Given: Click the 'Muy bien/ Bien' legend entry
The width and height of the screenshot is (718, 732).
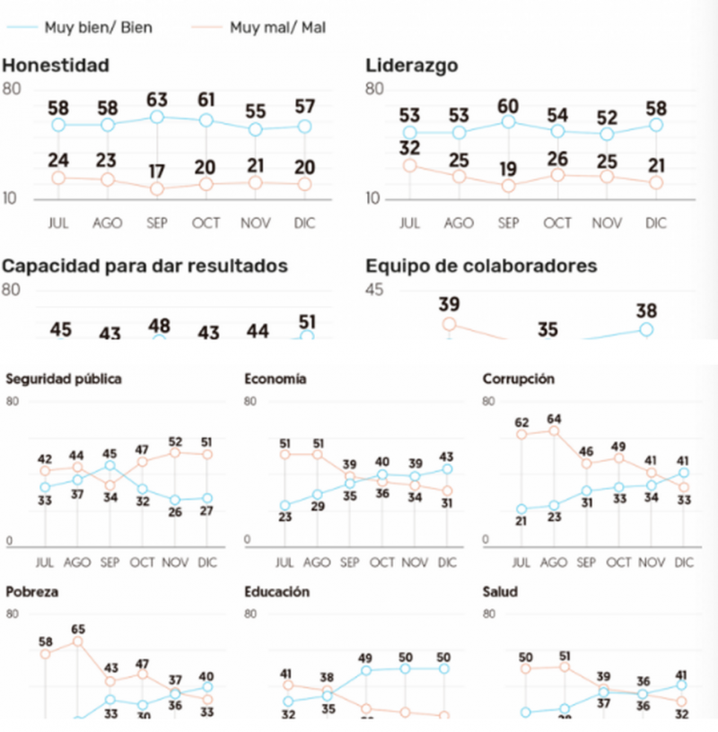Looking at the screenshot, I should pos(99,27).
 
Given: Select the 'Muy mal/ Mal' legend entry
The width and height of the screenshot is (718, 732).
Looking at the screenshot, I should pos(276,27).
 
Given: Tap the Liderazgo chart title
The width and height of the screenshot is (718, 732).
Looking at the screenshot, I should pos(412,65).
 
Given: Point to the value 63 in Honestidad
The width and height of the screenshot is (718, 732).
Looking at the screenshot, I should pos(158,96).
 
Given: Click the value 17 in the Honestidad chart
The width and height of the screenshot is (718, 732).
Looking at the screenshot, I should pos(158,170).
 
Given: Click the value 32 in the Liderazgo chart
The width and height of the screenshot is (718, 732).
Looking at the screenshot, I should pos(409,146).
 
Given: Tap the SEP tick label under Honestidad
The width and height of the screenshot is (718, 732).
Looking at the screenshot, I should pos(158,223).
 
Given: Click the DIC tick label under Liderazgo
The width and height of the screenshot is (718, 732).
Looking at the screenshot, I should pos(656,223).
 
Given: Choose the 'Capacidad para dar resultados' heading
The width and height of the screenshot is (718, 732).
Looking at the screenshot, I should pos(144,266).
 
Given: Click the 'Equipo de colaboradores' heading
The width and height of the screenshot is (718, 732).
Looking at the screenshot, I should pos(482,266).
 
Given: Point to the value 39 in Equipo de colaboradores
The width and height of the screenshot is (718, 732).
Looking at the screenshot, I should pos(450,304).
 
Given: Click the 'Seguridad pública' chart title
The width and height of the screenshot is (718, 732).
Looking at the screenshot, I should pos(64,379).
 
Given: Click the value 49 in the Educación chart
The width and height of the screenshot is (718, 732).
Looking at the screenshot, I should pos(365,657).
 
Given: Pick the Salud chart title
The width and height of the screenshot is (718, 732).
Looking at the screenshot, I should pos(500,592).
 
